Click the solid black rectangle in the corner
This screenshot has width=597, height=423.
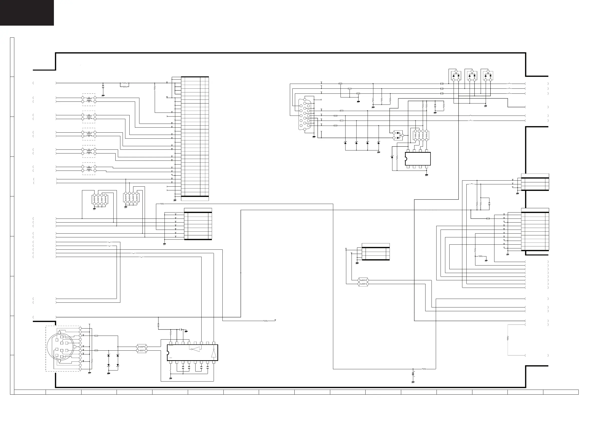coord(27,13)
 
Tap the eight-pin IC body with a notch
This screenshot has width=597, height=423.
coord(417,159)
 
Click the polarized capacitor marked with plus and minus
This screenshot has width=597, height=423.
coord(413,374)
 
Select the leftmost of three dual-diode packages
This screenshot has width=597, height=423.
coord(456,76)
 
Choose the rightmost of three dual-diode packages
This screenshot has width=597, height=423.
coord(488,76)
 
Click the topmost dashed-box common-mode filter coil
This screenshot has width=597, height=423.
coord(89,99)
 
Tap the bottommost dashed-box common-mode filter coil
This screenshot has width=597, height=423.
coord(89,169)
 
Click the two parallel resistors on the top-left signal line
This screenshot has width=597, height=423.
coord(125,85)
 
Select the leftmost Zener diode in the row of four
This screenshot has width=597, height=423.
coord(345,143)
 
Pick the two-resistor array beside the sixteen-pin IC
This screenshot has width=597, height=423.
coord(142,349)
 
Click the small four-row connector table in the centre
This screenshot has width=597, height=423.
coord(375,252)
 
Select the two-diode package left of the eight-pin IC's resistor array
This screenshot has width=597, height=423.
coord(398,135)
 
